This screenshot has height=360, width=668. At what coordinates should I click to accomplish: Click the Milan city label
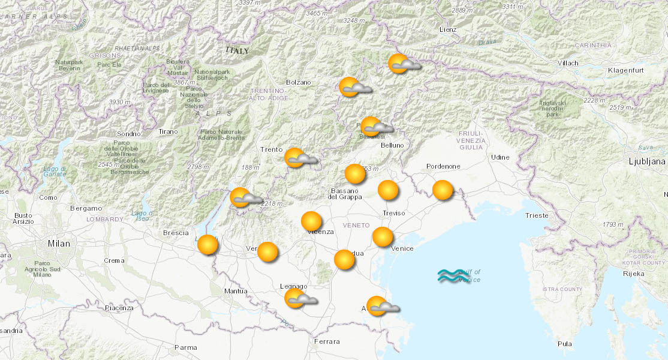pyautogui.click(x=59, y=244)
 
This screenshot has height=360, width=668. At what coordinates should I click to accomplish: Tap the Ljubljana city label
pyautogui.click(x=647, y=161)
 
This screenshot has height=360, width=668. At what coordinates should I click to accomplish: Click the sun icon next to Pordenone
pyautogui.click(x=443, y=190)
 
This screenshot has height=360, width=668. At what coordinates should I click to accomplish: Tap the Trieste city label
pyautogui.click(x=536, y=215)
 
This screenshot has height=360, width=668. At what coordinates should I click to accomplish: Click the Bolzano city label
pyautogui.click(x=299, y=82)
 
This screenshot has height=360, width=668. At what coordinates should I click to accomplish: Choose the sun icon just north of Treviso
pyautogui.click(x=388, y=190)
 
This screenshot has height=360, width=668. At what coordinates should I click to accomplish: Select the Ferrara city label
pyautogui.click(x=326, y=342)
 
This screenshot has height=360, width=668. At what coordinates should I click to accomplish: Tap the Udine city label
pyautogui.click(x=500, y=157)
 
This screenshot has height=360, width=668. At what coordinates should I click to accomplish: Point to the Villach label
pyautogui.click(x=567, y=63)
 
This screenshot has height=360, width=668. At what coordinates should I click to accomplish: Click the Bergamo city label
pyautogui.click(x=86, y=208)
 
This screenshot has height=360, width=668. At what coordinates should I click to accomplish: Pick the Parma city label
pyautogui.click(x=185, y=347)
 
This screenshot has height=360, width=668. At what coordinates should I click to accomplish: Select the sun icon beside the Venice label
pyautogui.click(x=383, y=237)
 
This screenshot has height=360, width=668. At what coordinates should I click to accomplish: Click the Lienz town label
pyautogui.click(x=447, y=29)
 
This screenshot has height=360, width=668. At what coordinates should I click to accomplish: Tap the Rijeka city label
pyautogui.click(x=633, y=274)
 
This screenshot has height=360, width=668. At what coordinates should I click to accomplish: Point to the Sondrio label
pyautogui.click(x=128, y=134)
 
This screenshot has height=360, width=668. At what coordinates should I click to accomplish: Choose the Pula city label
pyautogui.click(x=564, y=344)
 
